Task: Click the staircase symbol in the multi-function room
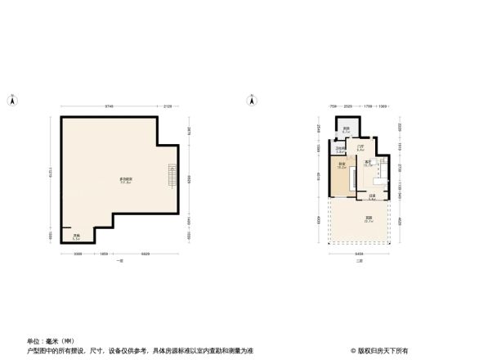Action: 172,175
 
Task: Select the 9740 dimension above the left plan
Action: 108,106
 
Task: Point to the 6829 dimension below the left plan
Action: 144,254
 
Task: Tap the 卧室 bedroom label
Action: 341,165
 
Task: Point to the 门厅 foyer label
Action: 360,147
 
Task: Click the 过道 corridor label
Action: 371,196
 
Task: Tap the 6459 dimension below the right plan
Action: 360,254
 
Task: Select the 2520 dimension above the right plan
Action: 347,106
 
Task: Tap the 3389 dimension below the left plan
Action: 78,254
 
